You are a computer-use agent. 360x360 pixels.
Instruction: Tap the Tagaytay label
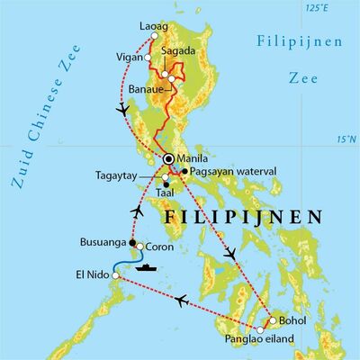(x=121, y=176)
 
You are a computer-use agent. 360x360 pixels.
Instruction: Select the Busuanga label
(x=101, y=243)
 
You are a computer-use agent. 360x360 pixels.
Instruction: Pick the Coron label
(x=160, y=243)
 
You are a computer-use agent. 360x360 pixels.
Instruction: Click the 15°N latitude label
(x=346, y=140)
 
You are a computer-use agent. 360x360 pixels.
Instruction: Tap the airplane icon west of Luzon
(x=123, y=110)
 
